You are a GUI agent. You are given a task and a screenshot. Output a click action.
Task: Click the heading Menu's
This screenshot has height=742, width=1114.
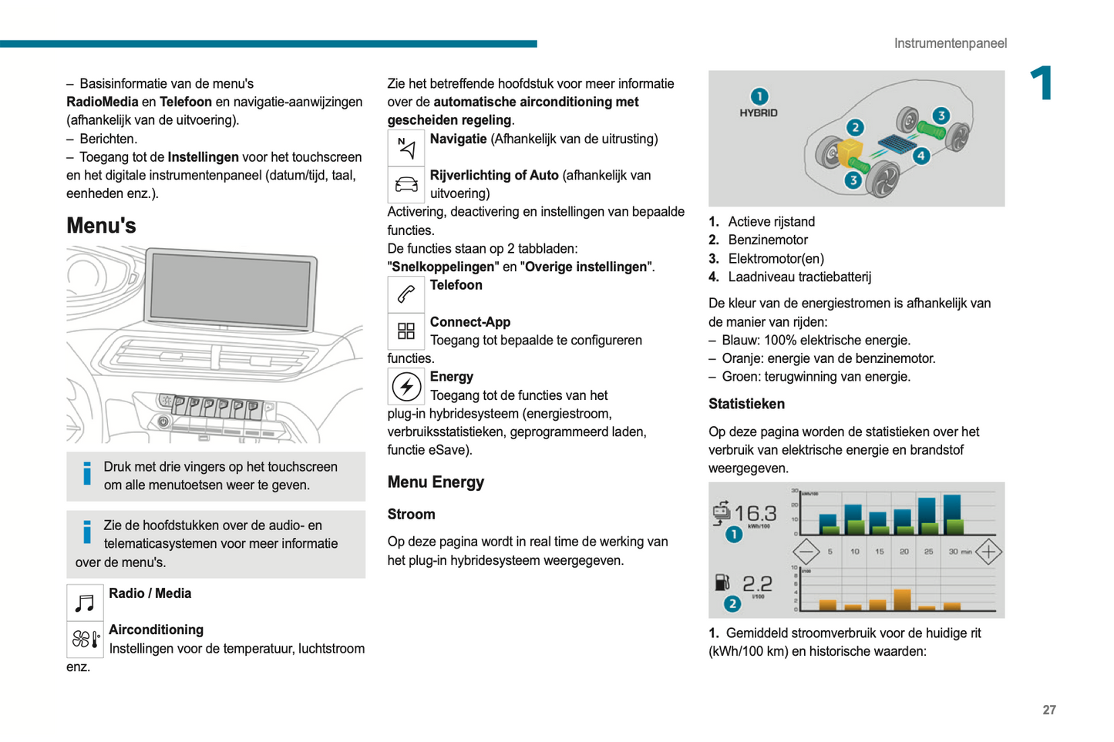coord(101,226)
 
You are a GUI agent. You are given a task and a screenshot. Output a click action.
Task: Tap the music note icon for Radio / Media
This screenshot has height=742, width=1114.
coord(85,602)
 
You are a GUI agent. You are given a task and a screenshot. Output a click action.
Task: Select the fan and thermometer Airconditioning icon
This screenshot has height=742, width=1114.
coord(85,639)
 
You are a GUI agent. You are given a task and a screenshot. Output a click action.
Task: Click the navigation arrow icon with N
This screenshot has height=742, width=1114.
coord(406,147)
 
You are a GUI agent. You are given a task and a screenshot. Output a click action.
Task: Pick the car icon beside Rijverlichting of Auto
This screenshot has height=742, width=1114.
coord(406,185)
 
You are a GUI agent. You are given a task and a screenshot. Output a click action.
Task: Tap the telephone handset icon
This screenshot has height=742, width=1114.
coord(406,294)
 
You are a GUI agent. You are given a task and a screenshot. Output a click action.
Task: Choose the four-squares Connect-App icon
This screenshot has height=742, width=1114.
coord(406,331)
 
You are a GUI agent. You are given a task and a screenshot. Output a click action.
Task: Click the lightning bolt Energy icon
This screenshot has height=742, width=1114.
coord(406,387)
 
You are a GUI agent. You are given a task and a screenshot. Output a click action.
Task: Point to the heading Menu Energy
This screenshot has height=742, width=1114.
coord(436,482)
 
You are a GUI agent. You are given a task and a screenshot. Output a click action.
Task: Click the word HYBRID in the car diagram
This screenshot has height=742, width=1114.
coord(759,112)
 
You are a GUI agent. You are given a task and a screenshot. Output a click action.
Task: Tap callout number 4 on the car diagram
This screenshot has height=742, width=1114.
coord(920,156)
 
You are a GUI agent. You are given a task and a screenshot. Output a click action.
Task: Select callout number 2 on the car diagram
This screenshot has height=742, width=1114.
coord(854,127)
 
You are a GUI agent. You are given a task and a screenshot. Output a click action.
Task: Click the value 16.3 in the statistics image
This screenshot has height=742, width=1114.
coord(755,513)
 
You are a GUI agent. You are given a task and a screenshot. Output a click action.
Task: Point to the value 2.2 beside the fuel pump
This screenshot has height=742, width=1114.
coord(757,583)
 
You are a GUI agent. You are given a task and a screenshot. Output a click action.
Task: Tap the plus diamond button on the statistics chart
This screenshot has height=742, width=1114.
coord(988,552)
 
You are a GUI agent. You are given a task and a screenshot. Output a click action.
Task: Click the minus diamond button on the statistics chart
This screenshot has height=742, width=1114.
coord(806,552)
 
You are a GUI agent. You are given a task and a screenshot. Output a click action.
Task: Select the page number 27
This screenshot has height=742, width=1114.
coord(1048,710)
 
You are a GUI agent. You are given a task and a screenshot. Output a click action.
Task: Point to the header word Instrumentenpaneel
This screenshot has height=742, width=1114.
coord(950,43)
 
